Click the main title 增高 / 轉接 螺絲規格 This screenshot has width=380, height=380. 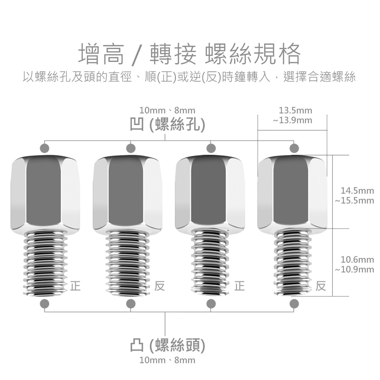tap(190, 54)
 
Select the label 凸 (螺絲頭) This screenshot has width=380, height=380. tap(168, 345)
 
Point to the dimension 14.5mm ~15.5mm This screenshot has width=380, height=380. tap(355, 196)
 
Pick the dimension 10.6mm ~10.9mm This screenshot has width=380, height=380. tap(355, 264)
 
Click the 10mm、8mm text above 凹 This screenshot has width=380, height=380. tap(167, 110)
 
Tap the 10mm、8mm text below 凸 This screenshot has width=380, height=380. tap(167, 360)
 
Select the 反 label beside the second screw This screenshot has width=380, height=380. tap(160, 286)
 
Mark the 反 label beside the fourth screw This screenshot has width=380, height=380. tap(321, 286)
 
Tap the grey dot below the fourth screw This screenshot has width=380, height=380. tap(294, 303)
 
